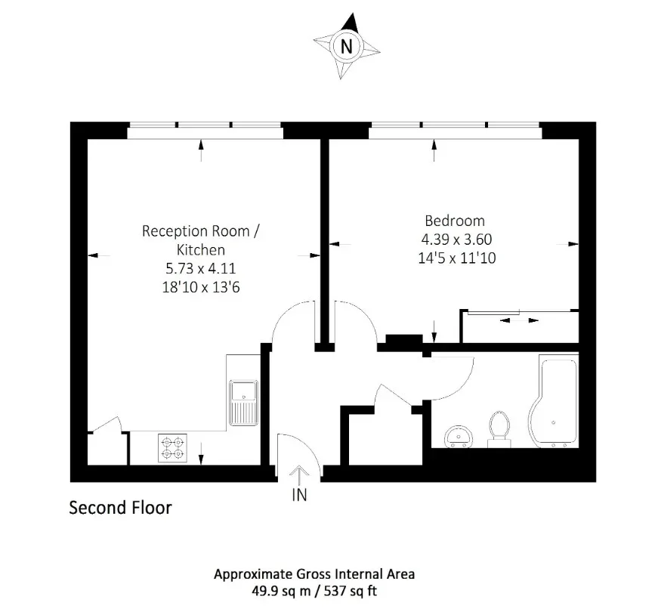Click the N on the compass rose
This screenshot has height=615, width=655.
346,46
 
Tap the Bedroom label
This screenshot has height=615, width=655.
455,221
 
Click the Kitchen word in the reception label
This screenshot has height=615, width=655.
200,249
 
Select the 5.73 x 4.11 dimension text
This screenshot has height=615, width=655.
200,267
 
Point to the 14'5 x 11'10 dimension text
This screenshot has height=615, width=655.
456,258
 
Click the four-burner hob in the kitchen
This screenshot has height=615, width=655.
172,448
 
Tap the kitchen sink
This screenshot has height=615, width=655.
243,403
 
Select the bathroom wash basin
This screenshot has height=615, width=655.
459,437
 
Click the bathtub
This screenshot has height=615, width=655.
554,401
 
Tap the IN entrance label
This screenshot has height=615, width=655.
299,495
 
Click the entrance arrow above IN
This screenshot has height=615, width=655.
299,476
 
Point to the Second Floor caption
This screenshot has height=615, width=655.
120,508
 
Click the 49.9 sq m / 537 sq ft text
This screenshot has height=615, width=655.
314,591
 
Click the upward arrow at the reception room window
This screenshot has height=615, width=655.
202,151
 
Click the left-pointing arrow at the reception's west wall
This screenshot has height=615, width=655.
99,255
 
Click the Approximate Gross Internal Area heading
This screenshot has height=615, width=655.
314,574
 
